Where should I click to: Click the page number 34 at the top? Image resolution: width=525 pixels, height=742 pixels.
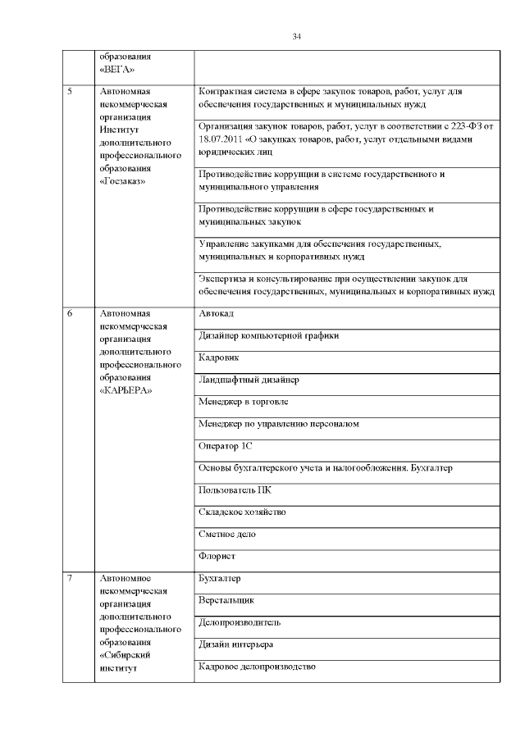[297, 37]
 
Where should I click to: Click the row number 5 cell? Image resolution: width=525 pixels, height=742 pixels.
[71, 92]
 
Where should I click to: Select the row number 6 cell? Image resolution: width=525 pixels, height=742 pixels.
[71, 314]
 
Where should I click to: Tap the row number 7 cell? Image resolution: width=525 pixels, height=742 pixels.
[71, 579]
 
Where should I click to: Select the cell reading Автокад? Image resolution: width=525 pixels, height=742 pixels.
[217, 314]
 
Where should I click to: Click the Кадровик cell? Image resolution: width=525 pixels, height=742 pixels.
[218, 358]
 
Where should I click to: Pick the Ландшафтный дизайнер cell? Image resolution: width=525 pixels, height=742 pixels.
[249, 380]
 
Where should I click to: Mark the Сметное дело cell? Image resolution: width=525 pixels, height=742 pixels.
[227, 535]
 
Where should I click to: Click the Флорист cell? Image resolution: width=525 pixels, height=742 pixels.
[217, 557]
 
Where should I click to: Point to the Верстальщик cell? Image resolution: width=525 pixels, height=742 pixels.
[226, 601]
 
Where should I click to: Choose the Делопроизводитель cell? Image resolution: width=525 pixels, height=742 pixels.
[240, 623]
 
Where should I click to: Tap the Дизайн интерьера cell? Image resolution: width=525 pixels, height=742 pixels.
[235, 645]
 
